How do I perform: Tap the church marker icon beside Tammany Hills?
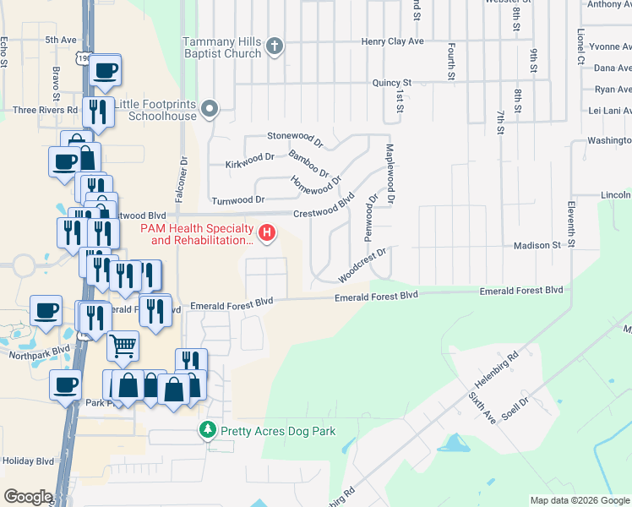[275, 47]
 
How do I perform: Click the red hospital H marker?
[267, 232]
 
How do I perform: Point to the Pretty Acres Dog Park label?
[278, 431]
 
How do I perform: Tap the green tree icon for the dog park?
[208, 431]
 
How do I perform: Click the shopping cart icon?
[123, 345]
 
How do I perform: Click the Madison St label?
[537, 245]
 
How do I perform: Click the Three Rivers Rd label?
[45, 110]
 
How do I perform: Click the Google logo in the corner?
[28, 497]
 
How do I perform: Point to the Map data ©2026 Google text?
[580, 500]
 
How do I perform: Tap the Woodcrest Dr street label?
[362, 266]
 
